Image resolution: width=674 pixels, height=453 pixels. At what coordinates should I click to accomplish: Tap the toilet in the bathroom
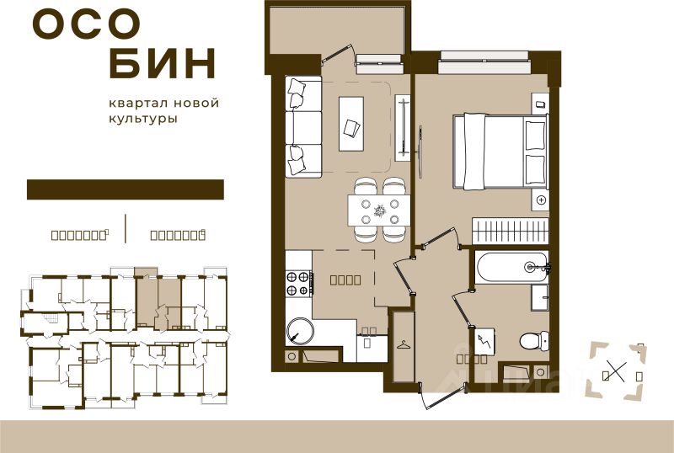(x=532, y=341)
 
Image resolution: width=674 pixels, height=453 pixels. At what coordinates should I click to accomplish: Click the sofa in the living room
(x=302, y=126)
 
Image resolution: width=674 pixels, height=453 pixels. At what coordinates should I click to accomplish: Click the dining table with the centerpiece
(x=379, y=208)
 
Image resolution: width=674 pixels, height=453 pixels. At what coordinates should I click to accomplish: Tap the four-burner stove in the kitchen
(x=297, y=283)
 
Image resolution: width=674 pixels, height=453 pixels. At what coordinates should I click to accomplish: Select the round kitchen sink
(x=299, y=329)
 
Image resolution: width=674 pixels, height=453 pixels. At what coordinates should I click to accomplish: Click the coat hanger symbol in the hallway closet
(x=404, y=344)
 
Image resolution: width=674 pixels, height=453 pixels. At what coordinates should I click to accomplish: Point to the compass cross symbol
(x=618, y=370)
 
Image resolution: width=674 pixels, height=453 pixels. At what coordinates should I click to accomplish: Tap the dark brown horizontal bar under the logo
(x=125, y=189)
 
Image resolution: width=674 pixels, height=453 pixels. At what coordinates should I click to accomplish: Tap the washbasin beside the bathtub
(x=540, y=296)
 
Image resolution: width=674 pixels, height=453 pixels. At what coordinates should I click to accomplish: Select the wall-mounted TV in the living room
(x=401, y=127)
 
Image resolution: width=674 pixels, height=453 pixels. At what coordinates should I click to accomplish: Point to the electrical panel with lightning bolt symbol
(x=484, y=341)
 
